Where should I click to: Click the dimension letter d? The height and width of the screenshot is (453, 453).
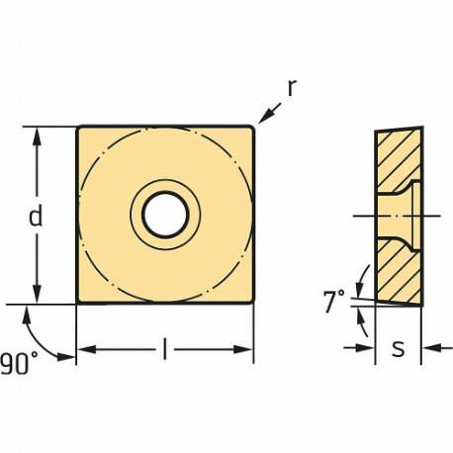(x=36, y=216)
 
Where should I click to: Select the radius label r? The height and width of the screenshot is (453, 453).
(x=292, y=88)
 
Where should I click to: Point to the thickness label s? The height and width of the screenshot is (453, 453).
(x=399, y=349)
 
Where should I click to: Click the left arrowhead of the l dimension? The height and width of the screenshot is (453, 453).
(x=84, y=349)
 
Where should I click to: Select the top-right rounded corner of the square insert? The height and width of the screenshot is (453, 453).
(x=252, y=127)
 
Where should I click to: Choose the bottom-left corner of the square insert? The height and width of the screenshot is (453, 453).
(x=78, y=302)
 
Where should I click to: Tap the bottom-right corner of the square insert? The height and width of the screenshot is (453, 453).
(x=253, y=302)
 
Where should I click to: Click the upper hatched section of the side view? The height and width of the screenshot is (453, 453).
(x=398, y=158)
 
